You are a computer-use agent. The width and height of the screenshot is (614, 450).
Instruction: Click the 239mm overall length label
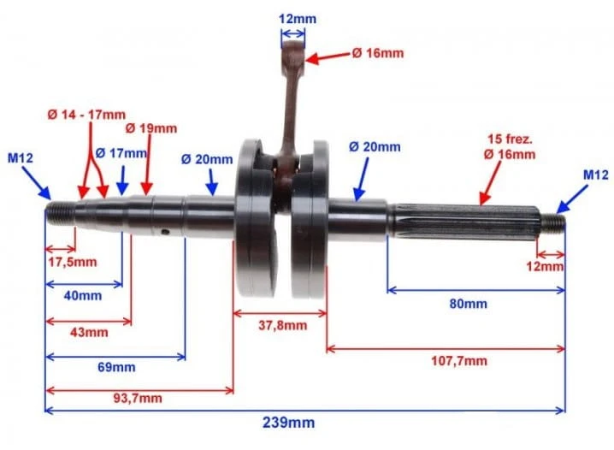click(288, 423)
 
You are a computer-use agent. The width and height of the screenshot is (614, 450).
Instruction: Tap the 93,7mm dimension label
click(138, 399)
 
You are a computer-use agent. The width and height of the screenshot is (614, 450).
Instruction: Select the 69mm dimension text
click(116, 367)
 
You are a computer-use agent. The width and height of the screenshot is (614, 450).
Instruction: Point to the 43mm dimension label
click(89, 333)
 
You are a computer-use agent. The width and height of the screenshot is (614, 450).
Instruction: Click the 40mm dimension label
click(83, 296)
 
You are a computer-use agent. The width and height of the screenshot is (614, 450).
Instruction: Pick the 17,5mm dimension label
click(73, 262)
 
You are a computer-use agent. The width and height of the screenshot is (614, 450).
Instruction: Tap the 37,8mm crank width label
click(283, 325)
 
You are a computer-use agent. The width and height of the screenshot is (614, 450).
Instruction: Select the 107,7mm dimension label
click(459, 361)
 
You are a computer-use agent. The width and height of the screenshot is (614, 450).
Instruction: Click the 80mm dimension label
click(469, 304)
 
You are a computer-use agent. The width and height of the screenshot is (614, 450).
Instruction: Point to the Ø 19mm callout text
click(151, 128)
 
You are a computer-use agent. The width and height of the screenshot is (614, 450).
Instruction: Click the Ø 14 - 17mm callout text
click(86, 115)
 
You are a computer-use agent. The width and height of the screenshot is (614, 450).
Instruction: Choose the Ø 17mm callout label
click(121, 153)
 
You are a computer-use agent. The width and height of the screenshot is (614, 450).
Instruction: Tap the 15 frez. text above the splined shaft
click(510, 139)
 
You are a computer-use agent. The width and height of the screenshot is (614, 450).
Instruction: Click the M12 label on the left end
click(21, 158)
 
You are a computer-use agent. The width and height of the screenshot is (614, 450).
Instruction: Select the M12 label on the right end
click(596, 175)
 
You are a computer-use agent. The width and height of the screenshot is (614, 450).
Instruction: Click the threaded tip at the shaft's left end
click(60, 214)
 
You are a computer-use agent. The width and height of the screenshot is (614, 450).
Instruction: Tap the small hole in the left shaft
click(166, 232)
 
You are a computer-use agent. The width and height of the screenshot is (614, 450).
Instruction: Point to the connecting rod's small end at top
click(293, 52)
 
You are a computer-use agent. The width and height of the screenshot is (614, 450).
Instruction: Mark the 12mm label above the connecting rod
click(298, 19)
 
